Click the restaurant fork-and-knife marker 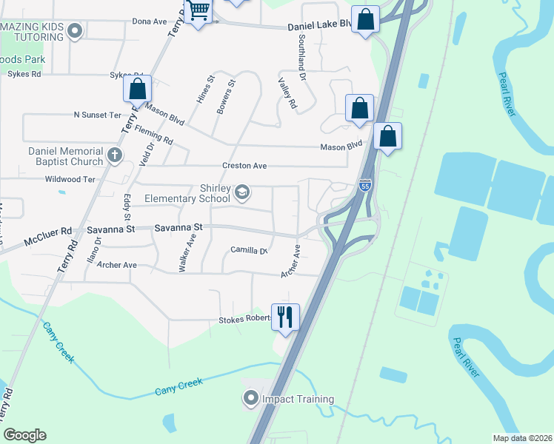(x=285, y=317)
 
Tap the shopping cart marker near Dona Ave (x=198, y=12)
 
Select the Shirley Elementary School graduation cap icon (x=241, y=193)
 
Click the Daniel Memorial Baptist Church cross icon (x=114, y=155)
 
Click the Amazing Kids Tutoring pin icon (x=74, y=31)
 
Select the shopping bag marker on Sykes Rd (x=138, y=89)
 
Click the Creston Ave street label (x=244, y=166)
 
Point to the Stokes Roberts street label (x=244, y=320)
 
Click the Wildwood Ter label (x=70, y=179)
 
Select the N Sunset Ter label (x=97, y=115)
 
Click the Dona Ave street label (x=150, y=21)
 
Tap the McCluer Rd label (x=47, y=232)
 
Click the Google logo (x=24, y=435)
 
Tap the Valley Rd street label (x=287, y=94)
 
